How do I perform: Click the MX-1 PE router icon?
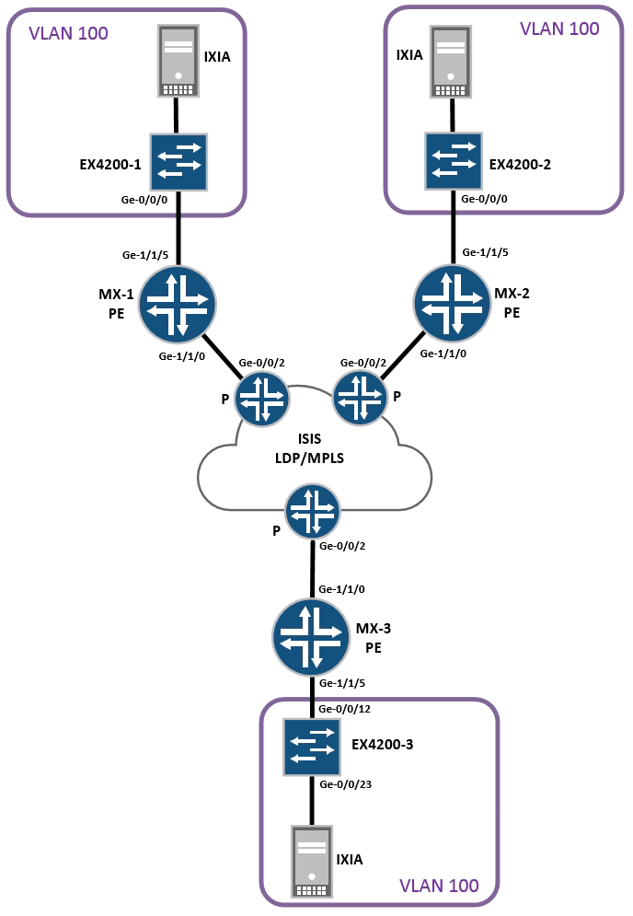pyautogui.click(x=178, y=305)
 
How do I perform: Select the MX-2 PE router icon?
pyautogui.click(x=452, y=305)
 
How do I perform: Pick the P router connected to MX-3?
pyautogui.click(x=313, y=512)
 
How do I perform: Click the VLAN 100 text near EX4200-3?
pyautogui.click(x=439, y=886)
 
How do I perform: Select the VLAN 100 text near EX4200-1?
pyautogui.click(x=68, y=34)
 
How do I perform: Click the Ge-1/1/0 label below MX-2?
pyautogui.click(x=443, y=353)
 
